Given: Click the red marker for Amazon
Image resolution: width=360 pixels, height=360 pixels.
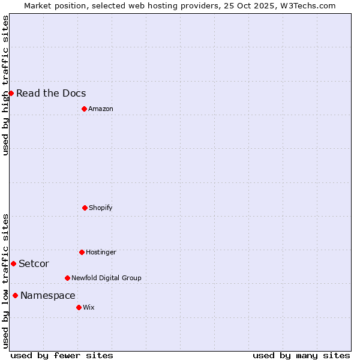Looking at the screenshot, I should click(x=84, y=109).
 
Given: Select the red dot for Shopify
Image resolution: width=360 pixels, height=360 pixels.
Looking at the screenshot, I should click(x=85, y=208).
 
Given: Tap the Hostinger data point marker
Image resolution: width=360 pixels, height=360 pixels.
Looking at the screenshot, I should click(x=82, y=252).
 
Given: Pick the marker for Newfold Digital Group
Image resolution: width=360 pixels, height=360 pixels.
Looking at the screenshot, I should click(x=67, y=278).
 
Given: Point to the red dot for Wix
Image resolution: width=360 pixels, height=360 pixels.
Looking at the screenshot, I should click(x=79, y=307).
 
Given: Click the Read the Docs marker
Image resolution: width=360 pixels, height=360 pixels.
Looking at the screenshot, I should click(x=11, y=93).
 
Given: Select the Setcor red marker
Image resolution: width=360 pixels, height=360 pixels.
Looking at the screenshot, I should click(x=13, y=263).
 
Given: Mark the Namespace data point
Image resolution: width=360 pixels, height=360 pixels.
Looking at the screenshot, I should click(x=15, y=295).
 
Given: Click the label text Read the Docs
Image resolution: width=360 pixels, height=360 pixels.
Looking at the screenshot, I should click(x=51, y=93).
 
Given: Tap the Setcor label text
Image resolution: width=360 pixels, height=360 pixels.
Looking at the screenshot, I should click(x=34, y=263).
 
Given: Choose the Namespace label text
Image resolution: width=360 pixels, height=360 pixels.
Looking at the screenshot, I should click(x=48, y=295).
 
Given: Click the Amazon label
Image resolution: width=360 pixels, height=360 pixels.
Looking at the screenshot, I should click(x=101, y=109).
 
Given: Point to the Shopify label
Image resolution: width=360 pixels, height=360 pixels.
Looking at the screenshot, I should click(x=101, y=208).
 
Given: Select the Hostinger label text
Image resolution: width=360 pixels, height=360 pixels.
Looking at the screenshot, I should click(x=101, y=252).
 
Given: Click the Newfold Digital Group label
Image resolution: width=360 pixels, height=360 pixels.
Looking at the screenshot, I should click(x=106, y=278).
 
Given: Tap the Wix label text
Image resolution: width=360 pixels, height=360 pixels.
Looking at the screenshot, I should click(x=89, y=307).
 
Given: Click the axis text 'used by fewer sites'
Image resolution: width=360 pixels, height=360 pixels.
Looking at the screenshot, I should click(x=62, y=355).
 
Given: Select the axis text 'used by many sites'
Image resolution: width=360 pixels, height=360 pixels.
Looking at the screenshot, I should click(x=301, y=355).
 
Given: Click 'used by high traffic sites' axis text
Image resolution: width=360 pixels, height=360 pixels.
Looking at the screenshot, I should click(x=5, y=85).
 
